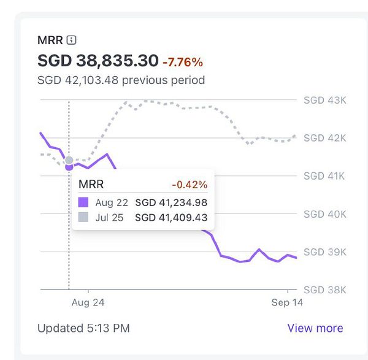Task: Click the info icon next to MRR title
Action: [x=71, y=40]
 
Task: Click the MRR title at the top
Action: [x=50, y=40]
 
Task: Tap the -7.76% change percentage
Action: [x=183, y=62]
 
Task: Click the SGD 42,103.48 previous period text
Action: [x=121, y=80]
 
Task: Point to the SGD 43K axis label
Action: [x=325, y=100]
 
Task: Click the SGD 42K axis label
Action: [x=325, y=138]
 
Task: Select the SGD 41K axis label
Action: [x=325, y=176]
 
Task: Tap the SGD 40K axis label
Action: [x=325, y=214]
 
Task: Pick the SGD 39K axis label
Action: [x=325, y=252]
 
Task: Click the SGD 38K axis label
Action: [x=325, y=289]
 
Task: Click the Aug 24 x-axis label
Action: [x=88, y=302]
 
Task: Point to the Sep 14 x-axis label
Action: [x=287, y=302]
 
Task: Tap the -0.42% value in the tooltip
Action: [x=190, y=185]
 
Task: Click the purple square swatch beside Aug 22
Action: [x=84, y=202]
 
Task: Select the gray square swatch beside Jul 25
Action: [x=84, y=217]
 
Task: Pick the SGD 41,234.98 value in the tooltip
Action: [x=171, y=202]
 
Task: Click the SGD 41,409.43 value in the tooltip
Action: [x=171, y=217]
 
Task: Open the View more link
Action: [x=315, y=328]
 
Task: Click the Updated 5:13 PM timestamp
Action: [x=83, y=328]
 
